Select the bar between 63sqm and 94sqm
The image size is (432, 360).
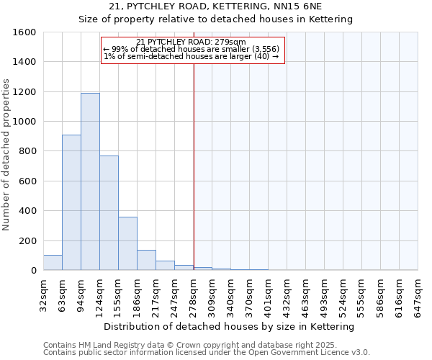tap(71, 202)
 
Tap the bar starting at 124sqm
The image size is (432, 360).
tap(109, 212)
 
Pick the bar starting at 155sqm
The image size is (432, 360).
tap(127, 243)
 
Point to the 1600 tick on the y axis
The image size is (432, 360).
tap(25, 32)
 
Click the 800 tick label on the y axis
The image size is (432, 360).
tap(28, 151)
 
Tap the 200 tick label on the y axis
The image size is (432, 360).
tap(28, 240)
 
